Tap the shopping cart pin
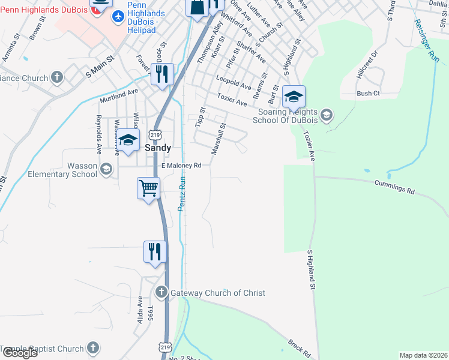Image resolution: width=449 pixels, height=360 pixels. pos(148,188)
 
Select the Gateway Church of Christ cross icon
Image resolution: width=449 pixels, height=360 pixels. pos(161,292)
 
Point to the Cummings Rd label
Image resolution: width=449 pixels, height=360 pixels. pos(394,187)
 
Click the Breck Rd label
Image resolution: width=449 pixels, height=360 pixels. pos(298,347)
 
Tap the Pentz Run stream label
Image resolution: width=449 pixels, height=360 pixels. pos(181,191)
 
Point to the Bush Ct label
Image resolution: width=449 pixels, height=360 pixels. pos(369,94)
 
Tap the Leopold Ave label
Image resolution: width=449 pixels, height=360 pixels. pos(234,83)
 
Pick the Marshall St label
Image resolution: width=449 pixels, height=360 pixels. pos(218,137)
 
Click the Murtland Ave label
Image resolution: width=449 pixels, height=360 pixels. pos(119,96)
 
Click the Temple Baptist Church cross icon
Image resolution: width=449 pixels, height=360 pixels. pos(92,347)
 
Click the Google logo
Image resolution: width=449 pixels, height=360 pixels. pos(19,353)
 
